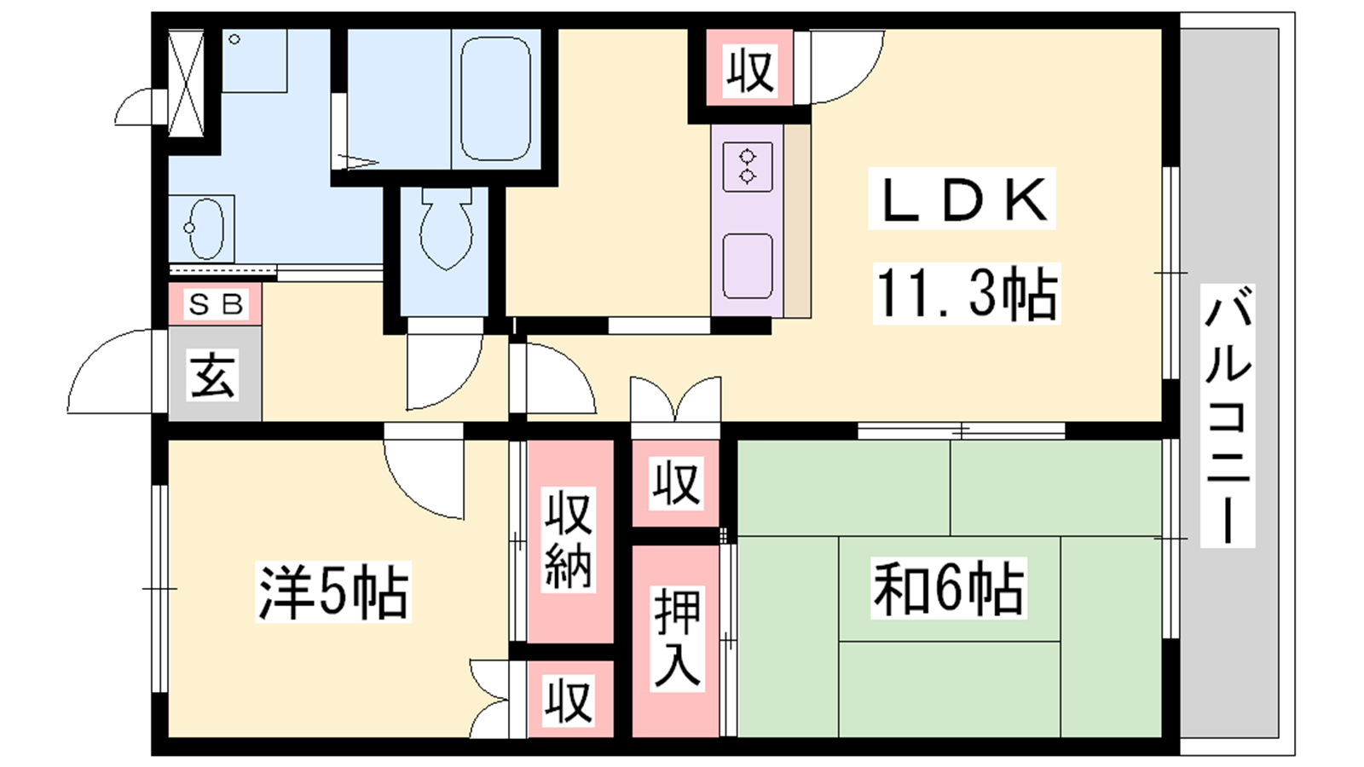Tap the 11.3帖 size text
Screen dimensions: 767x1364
[x=966, y=293]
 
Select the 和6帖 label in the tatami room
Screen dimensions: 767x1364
[x=948, y=589]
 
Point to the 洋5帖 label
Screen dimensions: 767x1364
[x=333, y=591]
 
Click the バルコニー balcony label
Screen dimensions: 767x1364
[x=1228, y=415]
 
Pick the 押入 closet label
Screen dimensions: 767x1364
[x=677, y=637]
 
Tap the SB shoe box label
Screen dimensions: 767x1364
[x=216, y=303]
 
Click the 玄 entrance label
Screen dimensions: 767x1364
[x=212, y=376]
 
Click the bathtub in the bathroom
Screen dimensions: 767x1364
[x=495, y=98]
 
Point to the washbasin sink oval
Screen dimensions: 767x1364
[x=205, y=228]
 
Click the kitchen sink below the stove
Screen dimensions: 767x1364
[x=748, y=266]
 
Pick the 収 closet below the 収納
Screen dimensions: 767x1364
[x=569, y=701]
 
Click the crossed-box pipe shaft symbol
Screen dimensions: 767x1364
[x=186, y=84]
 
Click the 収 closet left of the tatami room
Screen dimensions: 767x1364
[x=676, y=483]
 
